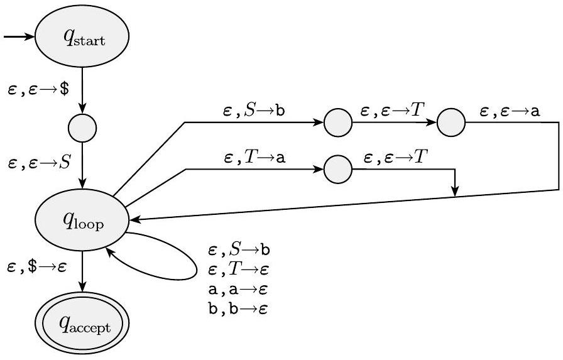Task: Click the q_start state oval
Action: pos(82,39)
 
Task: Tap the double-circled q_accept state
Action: pos(82,325)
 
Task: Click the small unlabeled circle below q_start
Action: pos(82,128)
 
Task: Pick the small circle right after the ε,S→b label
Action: pos(338,123)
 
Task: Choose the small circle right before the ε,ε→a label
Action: pos(452,123)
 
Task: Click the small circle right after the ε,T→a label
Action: pos(338,170)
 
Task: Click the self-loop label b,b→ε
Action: pos(239,310)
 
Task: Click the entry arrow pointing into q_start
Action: pos(19,38)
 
